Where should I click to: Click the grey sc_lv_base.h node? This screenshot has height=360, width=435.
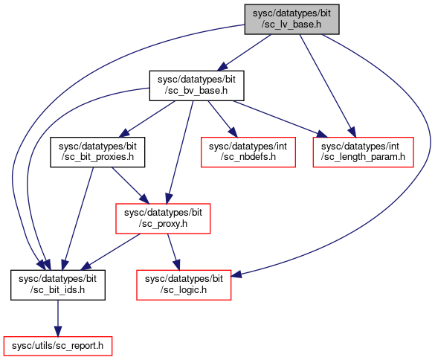pos(291,19)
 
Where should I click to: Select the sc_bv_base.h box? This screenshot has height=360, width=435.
pos(197,86)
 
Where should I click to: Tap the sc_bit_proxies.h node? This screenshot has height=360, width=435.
pos(97,152)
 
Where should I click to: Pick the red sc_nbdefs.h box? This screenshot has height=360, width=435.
pos(248,152)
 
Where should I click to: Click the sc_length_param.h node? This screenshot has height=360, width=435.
pos(363,152)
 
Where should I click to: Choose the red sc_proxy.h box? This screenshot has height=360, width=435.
pos(163,219)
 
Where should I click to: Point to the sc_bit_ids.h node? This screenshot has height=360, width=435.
pos(58,285)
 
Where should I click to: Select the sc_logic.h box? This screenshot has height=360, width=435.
pos(184,285)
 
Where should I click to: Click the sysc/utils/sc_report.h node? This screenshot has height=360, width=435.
pos(58,346)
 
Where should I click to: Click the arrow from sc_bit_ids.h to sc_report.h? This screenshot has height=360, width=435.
pos(58,318)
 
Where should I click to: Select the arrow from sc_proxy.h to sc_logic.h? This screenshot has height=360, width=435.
pos(173,251)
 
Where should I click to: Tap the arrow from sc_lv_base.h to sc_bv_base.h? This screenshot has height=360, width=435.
pos(244,53)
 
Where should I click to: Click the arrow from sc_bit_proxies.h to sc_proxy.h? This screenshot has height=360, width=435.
pos(130,185)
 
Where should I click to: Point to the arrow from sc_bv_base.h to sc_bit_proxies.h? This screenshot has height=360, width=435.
pos(147,119)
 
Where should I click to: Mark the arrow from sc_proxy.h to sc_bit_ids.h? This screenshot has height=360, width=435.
pos(110,251)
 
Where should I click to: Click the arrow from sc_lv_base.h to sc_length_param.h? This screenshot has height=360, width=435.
pos(327,86)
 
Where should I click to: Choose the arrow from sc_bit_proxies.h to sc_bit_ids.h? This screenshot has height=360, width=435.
pos(77,219)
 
